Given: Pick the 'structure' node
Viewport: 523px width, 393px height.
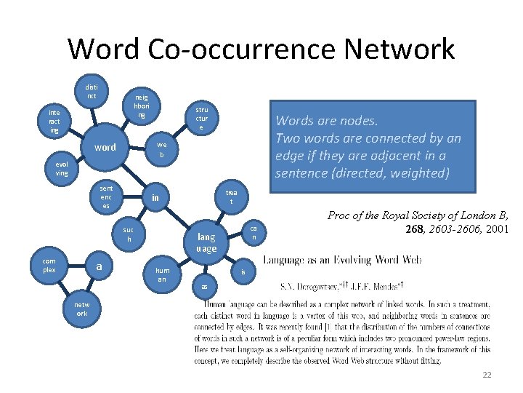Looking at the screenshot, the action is pos(201,118).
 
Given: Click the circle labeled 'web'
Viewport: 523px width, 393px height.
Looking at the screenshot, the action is pos(162,150).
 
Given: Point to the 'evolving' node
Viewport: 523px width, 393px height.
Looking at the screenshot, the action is pos(61,169).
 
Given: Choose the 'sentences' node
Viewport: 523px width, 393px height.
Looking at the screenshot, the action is pos(106,197).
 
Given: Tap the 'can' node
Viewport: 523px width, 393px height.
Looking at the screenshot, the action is pos(254,232).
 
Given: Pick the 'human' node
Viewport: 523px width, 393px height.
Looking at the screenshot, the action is pos(162,274).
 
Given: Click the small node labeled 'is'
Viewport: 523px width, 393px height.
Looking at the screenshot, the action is pos(243,272).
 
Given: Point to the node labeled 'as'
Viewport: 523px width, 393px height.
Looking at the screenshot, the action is pos(205,286).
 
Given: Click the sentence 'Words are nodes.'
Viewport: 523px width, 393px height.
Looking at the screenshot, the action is pos(326,121).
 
